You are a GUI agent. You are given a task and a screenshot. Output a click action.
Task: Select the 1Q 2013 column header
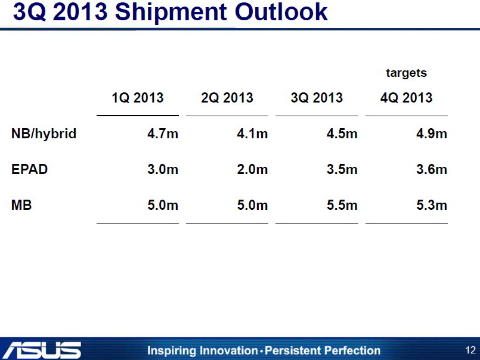click(137, 98)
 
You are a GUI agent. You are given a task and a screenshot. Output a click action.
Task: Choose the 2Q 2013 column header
click(227, 98)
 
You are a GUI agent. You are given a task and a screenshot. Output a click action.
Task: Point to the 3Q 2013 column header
click(317, 98)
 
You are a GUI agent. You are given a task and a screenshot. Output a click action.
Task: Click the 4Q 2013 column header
click(406, 98)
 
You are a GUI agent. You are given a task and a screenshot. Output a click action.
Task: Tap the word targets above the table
click(406, 73)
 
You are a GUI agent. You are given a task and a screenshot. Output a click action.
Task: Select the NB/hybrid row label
click(44, 134)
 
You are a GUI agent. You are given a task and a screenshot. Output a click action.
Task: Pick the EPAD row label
click(29, 169)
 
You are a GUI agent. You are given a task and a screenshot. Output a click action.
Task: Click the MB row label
click(21, 206)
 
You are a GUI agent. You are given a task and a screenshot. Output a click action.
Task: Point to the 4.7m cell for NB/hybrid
click(162, 134)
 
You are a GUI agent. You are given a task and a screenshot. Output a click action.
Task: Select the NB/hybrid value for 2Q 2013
click(252, 134)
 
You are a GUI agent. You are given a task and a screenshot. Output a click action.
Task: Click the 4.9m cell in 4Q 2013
click(431, 134)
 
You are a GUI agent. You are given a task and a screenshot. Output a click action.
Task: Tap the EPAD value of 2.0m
click(252, 169)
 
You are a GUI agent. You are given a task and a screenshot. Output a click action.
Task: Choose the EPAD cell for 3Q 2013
click(342, 169)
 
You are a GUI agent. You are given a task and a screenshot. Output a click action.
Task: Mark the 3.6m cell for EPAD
click(431, 169)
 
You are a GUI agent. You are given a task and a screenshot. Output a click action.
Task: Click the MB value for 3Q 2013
click(342, 206)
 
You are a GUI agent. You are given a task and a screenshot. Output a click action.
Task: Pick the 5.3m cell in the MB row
click(431, 206)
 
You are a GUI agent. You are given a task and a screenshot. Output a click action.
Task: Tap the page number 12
click(470, 350)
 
